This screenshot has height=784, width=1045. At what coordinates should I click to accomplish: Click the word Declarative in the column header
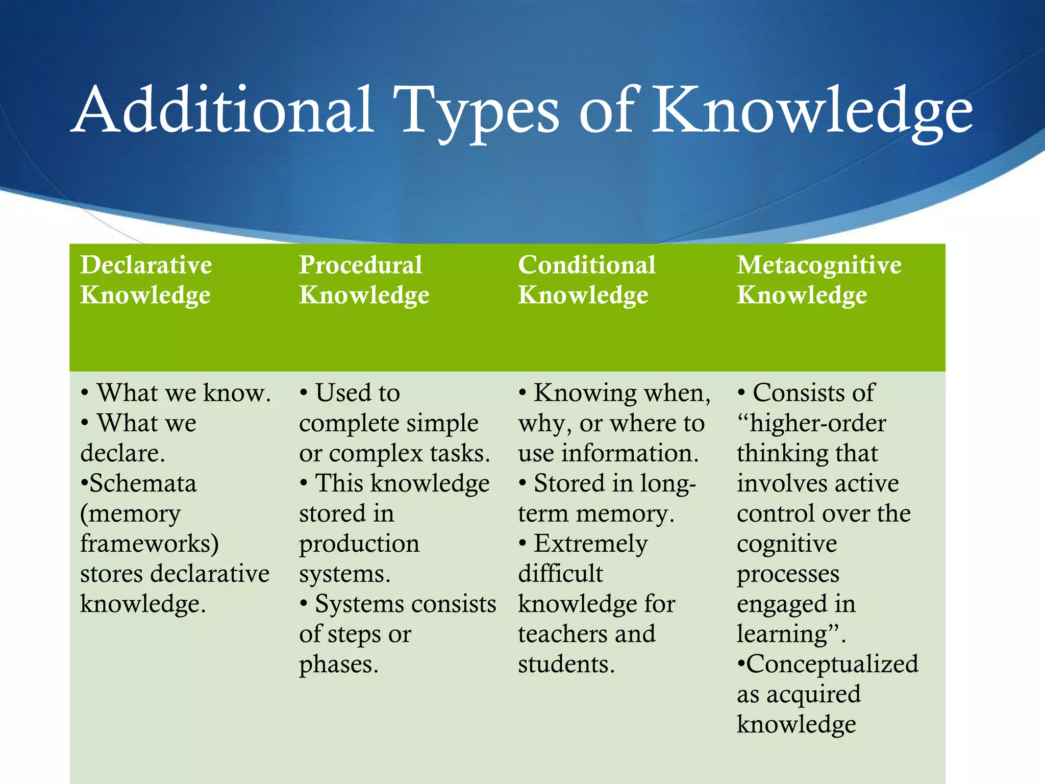(146, 265)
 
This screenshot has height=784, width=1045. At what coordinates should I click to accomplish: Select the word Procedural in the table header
(360, 265)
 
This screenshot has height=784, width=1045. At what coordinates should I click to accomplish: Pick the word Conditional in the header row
(587, 265)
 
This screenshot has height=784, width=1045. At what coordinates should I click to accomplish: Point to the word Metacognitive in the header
(819, 265)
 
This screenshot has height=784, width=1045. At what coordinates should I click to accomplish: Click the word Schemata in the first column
(143, 483)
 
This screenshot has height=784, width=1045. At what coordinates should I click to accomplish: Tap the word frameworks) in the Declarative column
(150, 544)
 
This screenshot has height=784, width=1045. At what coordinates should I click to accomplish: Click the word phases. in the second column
(339, 665)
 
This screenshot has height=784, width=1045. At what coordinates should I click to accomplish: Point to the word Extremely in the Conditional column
(591, 544)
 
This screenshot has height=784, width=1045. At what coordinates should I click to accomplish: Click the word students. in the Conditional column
(566, 665)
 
